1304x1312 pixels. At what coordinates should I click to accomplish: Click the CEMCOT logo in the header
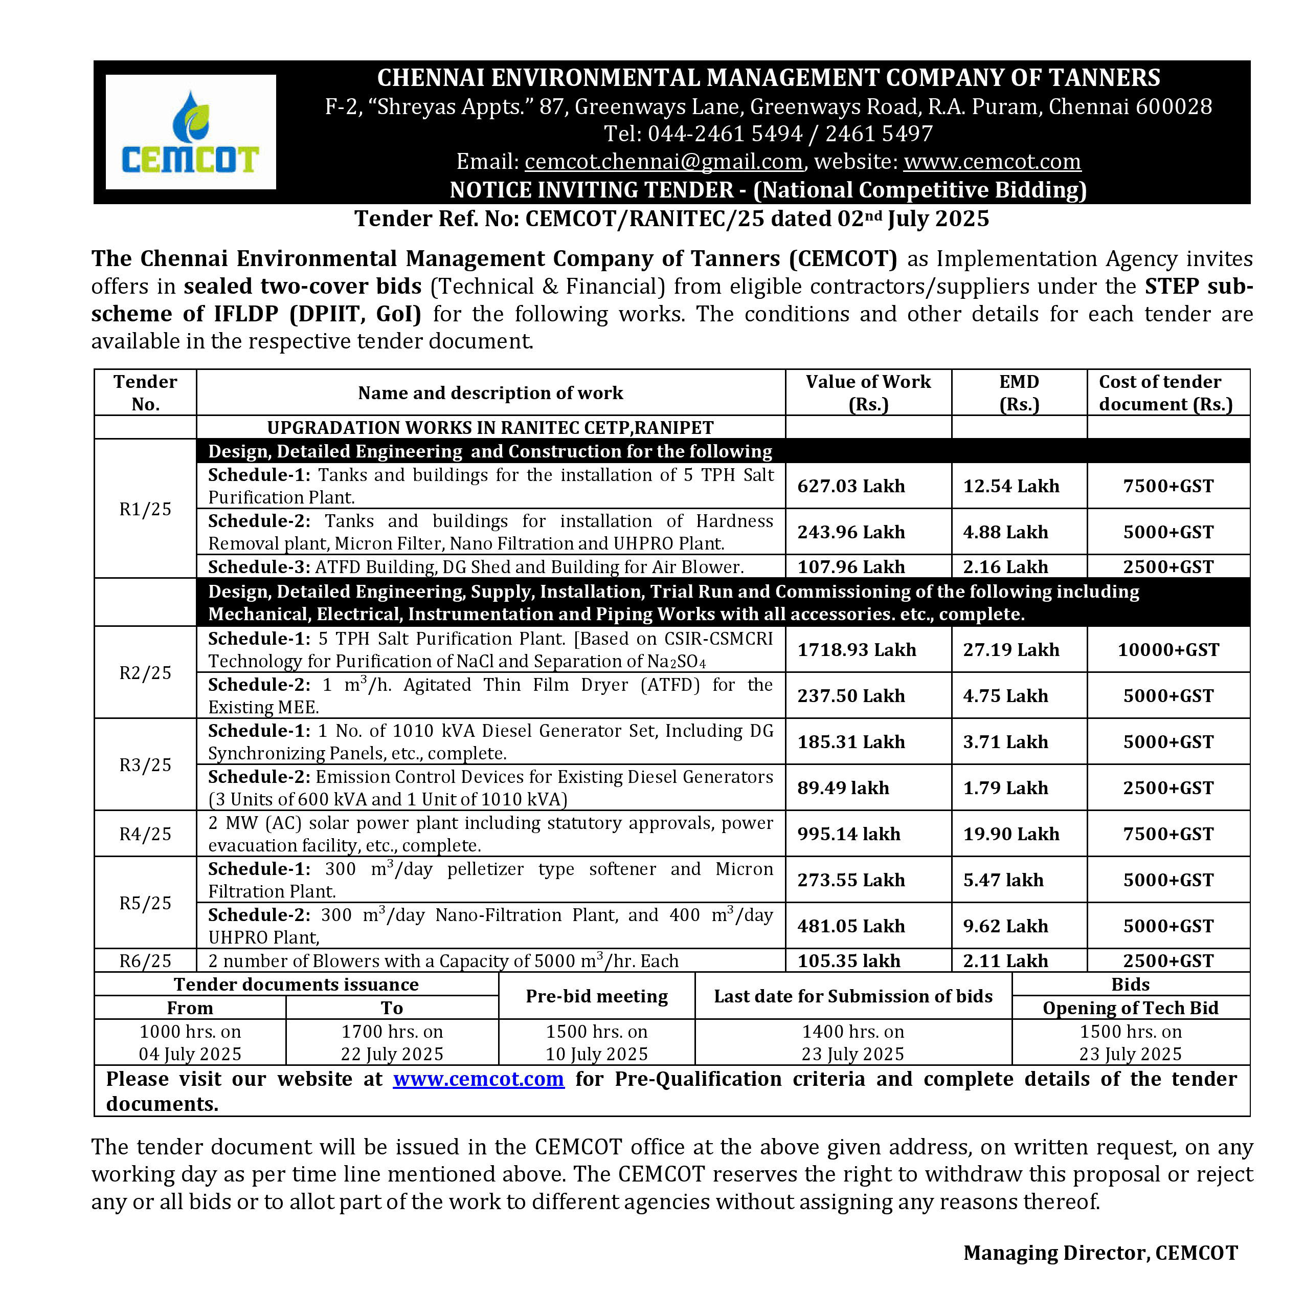[190, 132]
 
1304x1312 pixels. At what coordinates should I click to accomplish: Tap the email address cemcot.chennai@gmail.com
[663, 162]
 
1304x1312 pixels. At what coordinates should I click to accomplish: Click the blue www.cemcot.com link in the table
[478, 1079]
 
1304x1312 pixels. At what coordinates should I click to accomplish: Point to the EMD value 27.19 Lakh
[1011, 650]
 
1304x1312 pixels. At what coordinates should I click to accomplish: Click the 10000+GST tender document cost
[1167, 650]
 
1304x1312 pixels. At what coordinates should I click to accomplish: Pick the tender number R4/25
[145, 834]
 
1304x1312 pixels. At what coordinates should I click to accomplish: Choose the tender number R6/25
[145, 961]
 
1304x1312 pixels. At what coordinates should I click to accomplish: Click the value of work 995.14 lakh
[848, 834]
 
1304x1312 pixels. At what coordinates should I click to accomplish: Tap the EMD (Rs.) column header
[1019, 392]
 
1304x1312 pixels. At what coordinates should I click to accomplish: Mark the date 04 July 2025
[190, 1054]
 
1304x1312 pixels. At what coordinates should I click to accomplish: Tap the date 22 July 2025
[392, 1054]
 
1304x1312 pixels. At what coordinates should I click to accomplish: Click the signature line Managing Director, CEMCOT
[1100, 1253]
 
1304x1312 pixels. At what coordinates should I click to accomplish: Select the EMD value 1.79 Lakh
[1005, 788]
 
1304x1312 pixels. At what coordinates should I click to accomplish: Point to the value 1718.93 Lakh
[856, 650]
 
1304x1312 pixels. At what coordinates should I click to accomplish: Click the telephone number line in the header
[769, 134]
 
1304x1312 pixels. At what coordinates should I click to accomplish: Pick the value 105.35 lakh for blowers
[848, 961]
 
